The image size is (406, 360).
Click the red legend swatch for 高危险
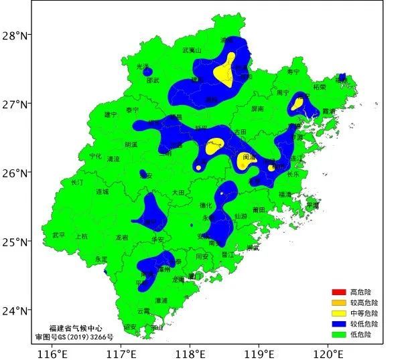coord(338,292)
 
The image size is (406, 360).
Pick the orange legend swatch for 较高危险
coord(338,303)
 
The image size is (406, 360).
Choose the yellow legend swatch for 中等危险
coord(338,313)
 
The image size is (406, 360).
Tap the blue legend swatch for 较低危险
coord(338,323)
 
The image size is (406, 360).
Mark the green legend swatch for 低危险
coord(338,334)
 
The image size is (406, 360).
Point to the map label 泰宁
coord(132,110)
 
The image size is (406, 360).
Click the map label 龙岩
coord(121,237)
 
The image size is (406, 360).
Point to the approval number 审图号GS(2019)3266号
coord(74,337)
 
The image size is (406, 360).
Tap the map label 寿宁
coord(293,72)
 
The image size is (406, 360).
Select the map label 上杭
coord(81,236)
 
